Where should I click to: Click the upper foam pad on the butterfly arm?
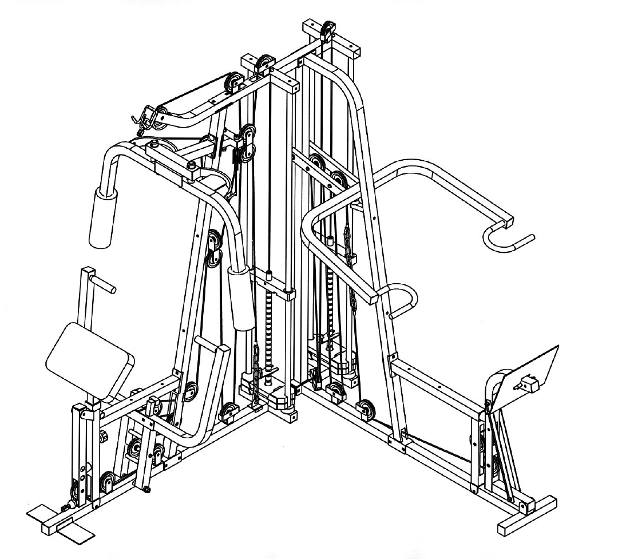coord(102,219)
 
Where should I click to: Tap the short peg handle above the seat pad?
coord(106,283)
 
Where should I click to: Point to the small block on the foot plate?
coord(529,382)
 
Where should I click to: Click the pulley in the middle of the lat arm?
coord(233,84)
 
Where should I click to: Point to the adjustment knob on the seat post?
coord(104,438)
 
